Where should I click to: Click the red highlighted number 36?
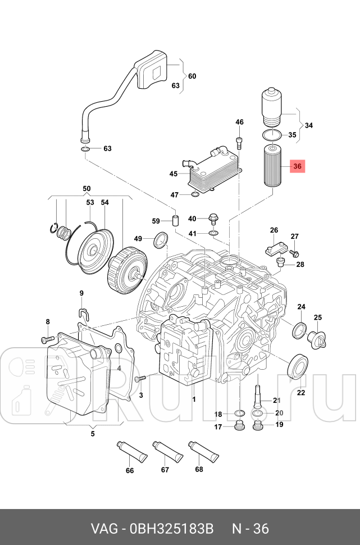click(x=298, y=166)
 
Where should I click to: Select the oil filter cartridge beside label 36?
click(x=272, y=166)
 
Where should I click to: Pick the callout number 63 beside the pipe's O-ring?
click(x=107, y=149)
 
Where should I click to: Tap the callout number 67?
click(x=165, y=470)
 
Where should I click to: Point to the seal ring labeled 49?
click(x=161, y=240)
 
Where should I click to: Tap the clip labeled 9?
click(x=82, y=313)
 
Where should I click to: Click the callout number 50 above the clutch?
click(x=86, y=188)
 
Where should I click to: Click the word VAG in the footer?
click(x=105, y=529)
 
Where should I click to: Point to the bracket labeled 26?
click(x=274, y=248)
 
